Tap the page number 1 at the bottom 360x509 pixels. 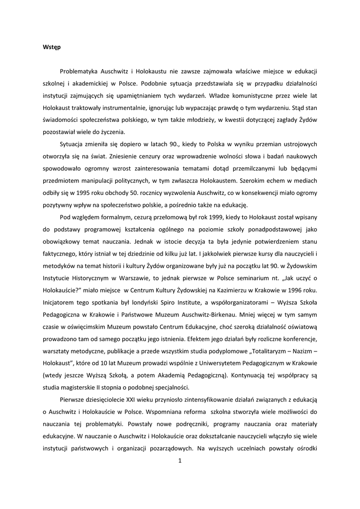point(180,460)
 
